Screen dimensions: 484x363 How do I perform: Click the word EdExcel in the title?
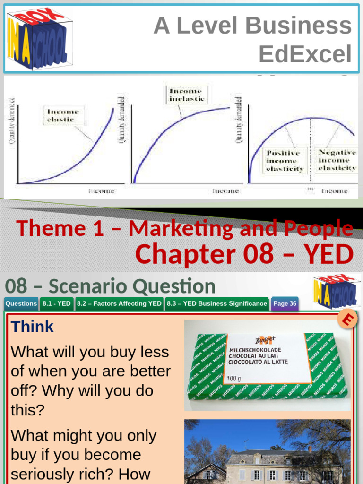tap(305, 54)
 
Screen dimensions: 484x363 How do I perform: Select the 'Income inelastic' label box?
tap(187, 95)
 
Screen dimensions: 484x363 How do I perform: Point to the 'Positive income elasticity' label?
tap(285, 161)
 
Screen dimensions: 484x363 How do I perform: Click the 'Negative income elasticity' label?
tap(337, 160)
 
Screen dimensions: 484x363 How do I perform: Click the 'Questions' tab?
tap(21, 304)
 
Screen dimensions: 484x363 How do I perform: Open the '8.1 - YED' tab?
tap(57, 304)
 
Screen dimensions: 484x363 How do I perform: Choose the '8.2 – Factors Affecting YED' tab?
tap(119, 304)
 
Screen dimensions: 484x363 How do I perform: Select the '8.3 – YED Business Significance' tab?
tap(217, 304)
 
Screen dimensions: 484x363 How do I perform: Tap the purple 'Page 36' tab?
tap(285, 304)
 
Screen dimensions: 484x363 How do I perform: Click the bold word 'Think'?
tap(32, 327)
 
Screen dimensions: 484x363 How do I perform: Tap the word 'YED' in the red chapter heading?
tap(329, 254)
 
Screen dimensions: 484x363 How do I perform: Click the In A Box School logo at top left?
tap(37, 39)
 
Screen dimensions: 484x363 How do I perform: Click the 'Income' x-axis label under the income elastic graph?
tap(101, 191)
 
